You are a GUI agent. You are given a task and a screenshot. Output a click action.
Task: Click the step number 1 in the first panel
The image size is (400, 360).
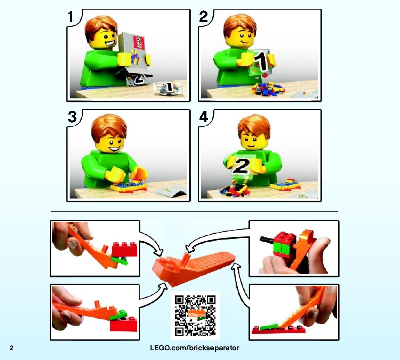71,17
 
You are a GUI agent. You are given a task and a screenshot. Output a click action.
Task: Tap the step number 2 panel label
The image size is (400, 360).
204,17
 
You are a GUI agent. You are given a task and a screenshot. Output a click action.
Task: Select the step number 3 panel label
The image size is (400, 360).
72,117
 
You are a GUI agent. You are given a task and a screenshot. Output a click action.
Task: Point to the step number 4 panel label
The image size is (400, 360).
204,117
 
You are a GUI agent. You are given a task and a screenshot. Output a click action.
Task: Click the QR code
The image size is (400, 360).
195,316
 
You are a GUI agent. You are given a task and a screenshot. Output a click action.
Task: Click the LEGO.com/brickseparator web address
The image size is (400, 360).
195,348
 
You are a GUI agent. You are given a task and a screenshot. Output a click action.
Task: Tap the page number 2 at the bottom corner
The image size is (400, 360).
11,348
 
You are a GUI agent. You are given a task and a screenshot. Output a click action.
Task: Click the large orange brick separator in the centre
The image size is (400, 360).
193,268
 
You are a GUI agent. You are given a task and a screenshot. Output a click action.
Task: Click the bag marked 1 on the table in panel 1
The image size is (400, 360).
168,88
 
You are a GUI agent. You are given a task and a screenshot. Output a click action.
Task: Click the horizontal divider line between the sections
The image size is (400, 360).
194,211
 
